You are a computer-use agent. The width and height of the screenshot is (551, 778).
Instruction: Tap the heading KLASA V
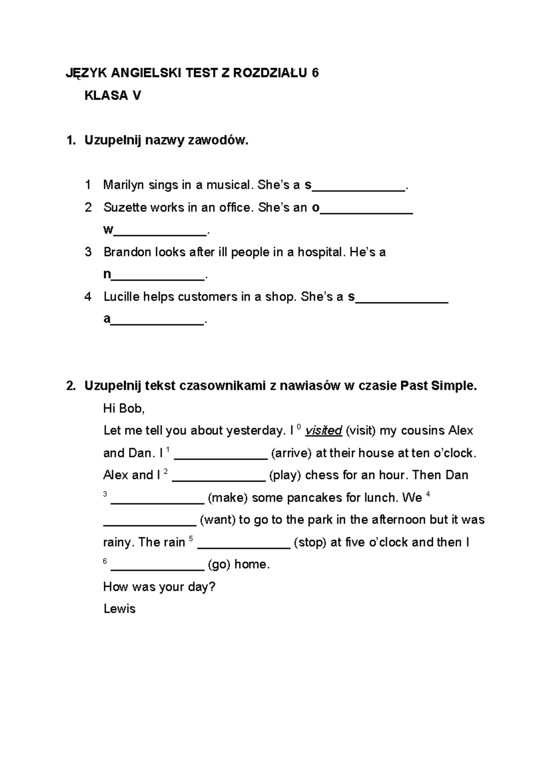[x=112, y=95]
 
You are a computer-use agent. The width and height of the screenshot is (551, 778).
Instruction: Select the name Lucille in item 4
[x=121, y=297]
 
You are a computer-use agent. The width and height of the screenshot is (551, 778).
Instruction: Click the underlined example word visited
[x=324, y=431]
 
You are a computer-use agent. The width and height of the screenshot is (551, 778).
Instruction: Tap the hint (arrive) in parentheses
[x=292, y=453]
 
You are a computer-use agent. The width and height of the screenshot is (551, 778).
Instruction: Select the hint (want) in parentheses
[x=218, y=520]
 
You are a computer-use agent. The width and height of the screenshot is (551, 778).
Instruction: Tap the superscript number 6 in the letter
[x=105, y=561]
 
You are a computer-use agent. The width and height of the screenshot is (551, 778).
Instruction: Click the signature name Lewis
[x=119, y=609]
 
